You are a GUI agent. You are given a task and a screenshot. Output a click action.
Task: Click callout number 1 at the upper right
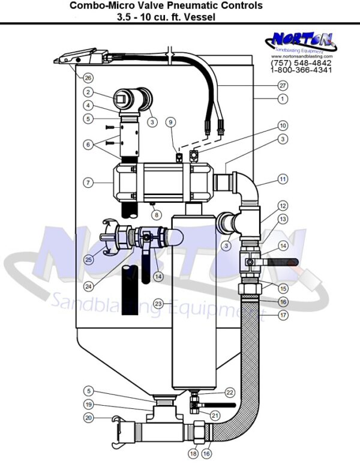[283, 97]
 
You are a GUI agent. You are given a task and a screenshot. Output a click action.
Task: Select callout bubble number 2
[88, 92]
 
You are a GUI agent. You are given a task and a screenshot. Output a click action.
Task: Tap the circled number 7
[88, 181]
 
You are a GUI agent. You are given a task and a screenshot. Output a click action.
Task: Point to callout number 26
[88, 77]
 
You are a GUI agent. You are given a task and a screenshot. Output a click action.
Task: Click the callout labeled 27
[283, 86]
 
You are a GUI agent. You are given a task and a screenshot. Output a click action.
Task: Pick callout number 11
[283, 179]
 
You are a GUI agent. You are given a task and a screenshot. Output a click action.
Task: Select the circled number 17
[283, 314]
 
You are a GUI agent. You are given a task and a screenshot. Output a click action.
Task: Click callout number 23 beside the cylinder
[158, 303]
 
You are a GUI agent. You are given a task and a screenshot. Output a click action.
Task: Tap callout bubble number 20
[88, 418]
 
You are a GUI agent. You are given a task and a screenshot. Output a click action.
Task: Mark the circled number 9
[171, 122]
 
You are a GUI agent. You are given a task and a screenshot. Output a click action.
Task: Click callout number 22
[229, 392]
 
